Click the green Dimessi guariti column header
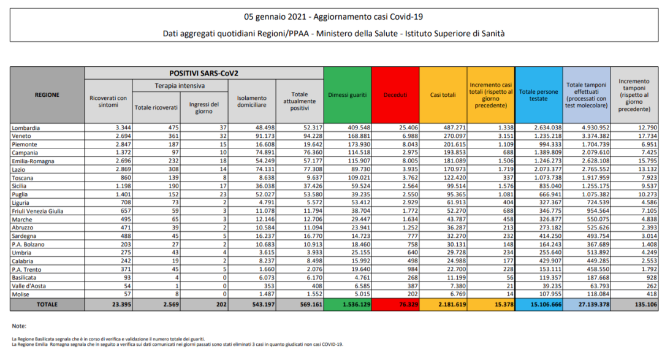pos(347,95)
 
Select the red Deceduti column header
pos(395,95)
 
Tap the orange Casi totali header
pos(443,95)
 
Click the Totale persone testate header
pos(538,95)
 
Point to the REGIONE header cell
pos(47,95)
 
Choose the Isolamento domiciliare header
pos(251,101)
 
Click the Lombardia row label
pos(26,128)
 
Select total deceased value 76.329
pos(398,304)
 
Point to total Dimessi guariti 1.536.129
pos(350,304)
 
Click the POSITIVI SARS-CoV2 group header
pos(204,73)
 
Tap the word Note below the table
pos(18,326)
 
